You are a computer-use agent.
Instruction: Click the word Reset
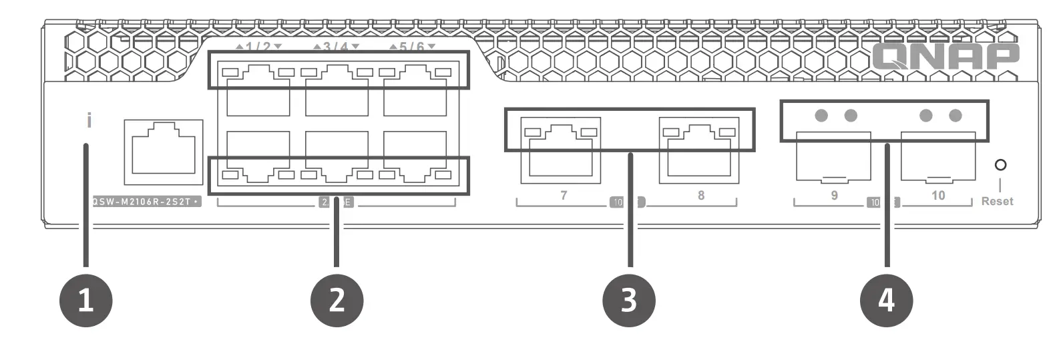[x=997, y=201]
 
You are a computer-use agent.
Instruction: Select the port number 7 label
[x=564, y=195]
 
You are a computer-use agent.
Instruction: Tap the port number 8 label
[x=700, y=195]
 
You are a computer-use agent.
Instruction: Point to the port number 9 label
[x=834, y=195]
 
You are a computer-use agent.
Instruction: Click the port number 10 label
[x=938, y=195]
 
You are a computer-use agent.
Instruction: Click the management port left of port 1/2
[x=164, y=152]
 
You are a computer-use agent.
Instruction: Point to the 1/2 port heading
[x=259, y=47]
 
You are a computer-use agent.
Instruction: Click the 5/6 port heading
[x=413, y=47]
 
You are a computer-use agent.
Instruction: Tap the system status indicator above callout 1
[x=89, y=121]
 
